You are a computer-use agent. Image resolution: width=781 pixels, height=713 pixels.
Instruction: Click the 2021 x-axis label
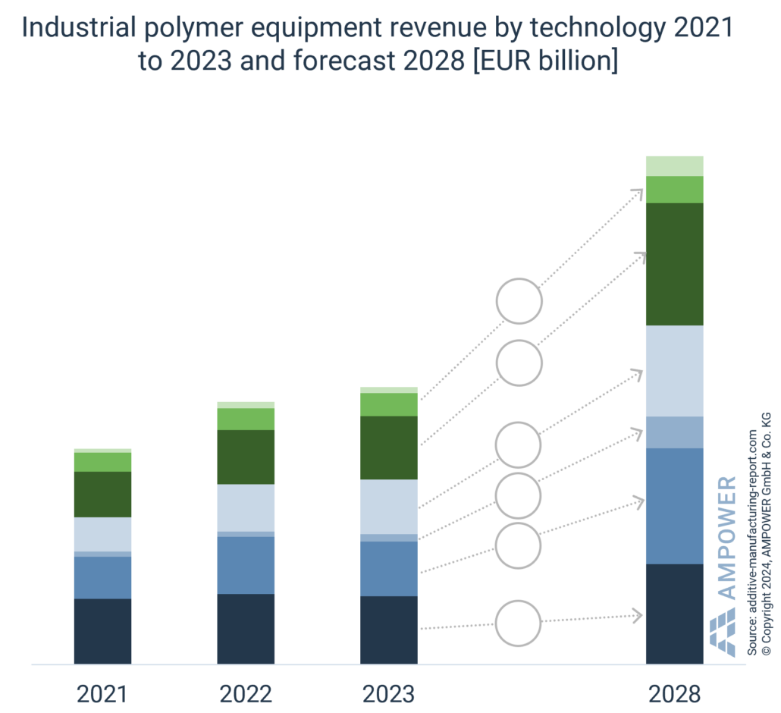pyautogui.click(x=102, y=694)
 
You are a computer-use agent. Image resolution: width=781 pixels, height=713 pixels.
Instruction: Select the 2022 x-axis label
pyautogui.click(x=246, y=694)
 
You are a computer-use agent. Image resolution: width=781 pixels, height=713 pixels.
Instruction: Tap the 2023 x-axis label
pyautogui.click(x=388, y=694)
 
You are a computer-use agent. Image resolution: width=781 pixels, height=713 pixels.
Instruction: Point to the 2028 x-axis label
pyautogui.click(x=674, y=694)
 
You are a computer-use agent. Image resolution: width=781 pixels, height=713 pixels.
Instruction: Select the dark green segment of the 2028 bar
pyautogui.click(x=674, y=264)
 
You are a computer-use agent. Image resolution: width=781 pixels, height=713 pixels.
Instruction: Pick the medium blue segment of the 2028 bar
pyautogui.click(x=674, y=506)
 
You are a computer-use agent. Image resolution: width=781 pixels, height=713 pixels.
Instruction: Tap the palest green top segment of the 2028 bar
pyautogui.click(x=674, y=165)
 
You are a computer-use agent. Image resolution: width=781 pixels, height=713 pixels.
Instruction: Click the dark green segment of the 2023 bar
pyautogui.click(x=388, y=448)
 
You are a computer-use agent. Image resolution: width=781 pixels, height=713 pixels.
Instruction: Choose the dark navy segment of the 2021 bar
pyautogui.click(x=102, y=631)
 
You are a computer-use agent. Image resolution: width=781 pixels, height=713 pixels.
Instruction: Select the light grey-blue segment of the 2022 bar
pyautogui.click(x=246, y=507)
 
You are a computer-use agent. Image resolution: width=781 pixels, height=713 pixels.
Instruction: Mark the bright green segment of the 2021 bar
pyautogui.click(x=102, y=462)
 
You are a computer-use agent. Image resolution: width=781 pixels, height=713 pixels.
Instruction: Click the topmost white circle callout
pyautogui.click(x=519, y=301)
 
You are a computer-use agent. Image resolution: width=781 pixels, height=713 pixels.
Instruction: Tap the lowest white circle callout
pyautogui.click(x=519, y=623)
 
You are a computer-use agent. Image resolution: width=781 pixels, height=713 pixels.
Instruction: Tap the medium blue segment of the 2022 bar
pyautogui.click(x=246, y=565)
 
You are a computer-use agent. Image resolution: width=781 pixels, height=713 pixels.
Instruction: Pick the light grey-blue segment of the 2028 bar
pyautogui.click(x=674, y=370)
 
